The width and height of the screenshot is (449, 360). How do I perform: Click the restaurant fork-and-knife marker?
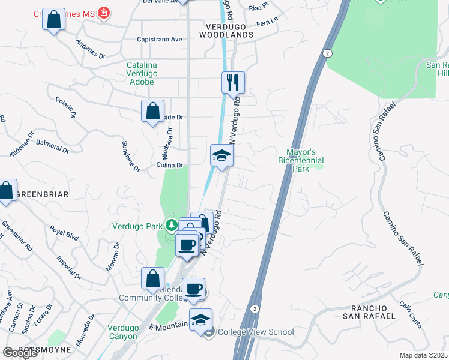tap(233, 82)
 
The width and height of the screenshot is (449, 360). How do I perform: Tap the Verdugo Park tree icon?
tap(172, 226)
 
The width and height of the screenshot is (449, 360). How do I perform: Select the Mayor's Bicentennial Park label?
tap(301, 160)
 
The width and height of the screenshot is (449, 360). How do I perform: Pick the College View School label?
tap(255, 332)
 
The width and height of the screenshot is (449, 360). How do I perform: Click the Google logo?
tap(19, 353)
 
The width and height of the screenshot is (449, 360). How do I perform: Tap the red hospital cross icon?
tap(104, 13)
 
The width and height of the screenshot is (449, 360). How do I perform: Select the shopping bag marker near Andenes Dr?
tap(54, 20)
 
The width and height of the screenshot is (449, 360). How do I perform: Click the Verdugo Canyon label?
tap(123, 332)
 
